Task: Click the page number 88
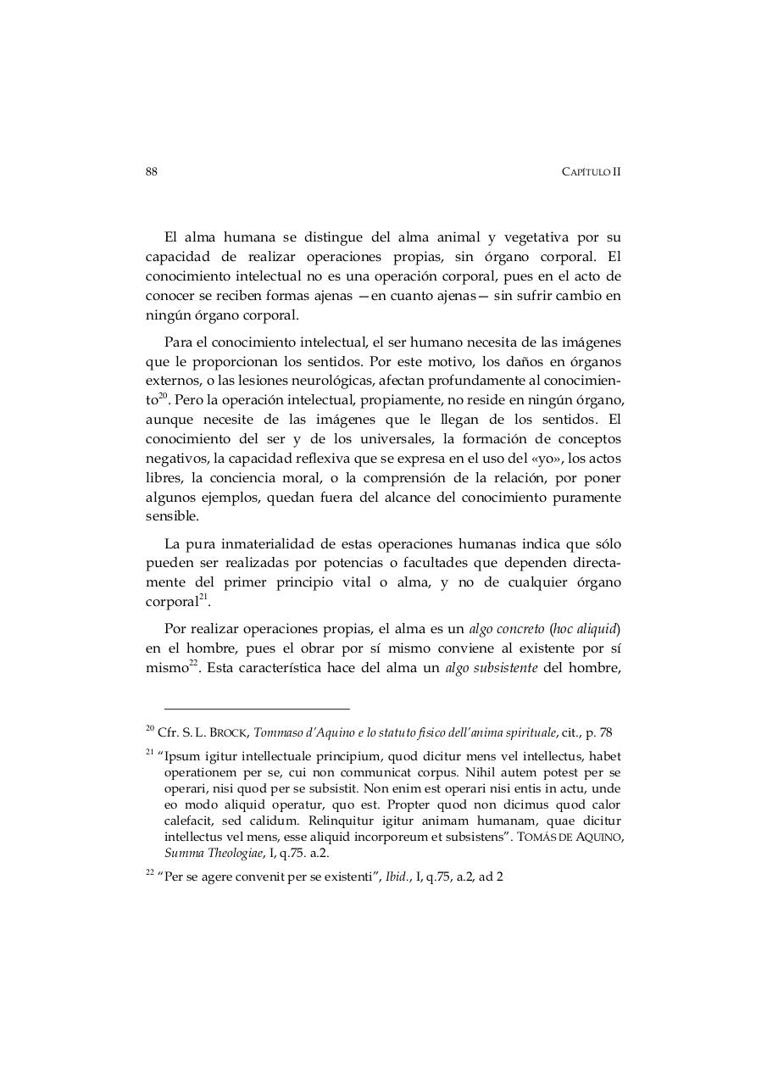coord(152,171)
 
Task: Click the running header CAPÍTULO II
coord(591,171)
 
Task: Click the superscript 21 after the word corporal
coord(203,598)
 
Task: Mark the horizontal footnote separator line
coord(256,709)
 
